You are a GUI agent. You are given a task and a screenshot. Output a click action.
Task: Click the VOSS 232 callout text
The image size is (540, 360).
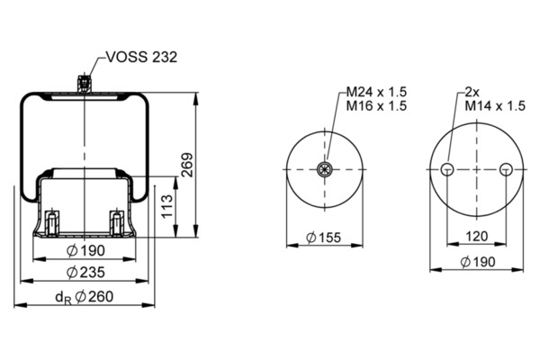tap(141, 57)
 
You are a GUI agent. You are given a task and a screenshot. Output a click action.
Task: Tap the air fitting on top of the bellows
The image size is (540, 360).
tap(85, 84)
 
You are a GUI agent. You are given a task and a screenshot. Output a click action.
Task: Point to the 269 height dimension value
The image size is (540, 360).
tap(188, 165)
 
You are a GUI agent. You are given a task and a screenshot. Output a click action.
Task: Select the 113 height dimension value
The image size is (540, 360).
tap(167, 206)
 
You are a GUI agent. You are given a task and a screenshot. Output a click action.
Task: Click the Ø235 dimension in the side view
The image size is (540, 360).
tap(85, 273)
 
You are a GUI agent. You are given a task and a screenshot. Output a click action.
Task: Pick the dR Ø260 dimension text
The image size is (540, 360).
tap(84, 297)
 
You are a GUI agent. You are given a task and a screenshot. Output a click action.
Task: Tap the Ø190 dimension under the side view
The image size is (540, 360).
tap(85, 250)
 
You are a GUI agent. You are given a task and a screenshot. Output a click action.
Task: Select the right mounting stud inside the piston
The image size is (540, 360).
tap(117, 223)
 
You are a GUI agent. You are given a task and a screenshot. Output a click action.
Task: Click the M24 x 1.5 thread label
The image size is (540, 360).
tap(376, 92)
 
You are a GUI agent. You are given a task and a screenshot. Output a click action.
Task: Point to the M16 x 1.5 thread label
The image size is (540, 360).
tap(376, 106)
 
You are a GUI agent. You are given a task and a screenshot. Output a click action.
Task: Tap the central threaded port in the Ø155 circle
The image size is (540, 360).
tap(324, 169)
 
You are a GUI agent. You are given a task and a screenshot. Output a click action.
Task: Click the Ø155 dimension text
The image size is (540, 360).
tap(323, 238)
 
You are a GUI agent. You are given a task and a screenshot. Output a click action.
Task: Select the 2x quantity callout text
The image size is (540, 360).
tap(472, 92)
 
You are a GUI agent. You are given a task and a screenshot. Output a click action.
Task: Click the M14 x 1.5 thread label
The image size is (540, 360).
tap(495, 106)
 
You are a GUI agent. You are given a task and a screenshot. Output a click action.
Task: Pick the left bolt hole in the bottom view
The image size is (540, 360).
tap(447, 169)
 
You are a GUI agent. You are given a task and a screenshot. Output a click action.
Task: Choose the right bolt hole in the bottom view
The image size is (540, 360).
tap(506, 169)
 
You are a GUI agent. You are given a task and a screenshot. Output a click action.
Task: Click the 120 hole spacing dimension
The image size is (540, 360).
tap(477, 237)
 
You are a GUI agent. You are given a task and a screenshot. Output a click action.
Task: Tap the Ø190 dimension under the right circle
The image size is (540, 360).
tap(478, 262)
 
